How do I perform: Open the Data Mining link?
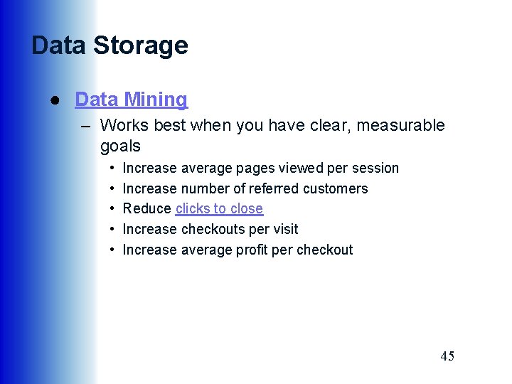(131, 100)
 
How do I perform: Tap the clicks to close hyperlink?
(219, 209)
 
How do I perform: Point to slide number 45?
(447, 356)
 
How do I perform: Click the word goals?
(120, 146)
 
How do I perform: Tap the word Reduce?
(147, 209)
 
